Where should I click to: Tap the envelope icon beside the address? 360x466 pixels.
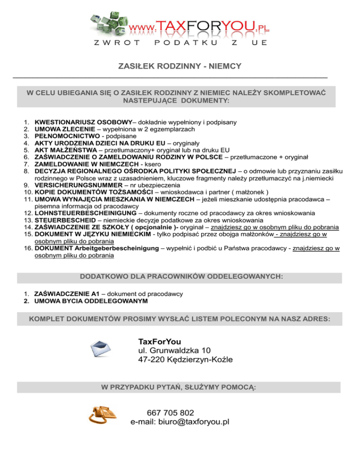pos(101,349)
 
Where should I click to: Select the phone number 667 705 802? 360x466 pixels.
pos(170,413)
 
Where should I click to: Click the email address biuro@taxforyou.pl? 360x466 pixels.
pos(180,421)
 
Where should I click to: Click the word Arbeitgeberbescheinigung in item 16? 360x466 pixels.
pos(120,248)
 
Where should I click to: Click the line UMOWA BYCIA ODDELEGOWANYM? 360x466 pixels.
pos(91,301)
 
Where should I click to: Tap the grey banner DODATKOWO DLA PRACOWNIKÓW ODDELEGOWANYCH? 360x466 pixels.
pos(180,277)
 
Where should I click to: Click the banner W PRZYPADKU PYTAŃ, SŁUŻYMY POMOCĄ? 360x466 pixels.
pos(180,387)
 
